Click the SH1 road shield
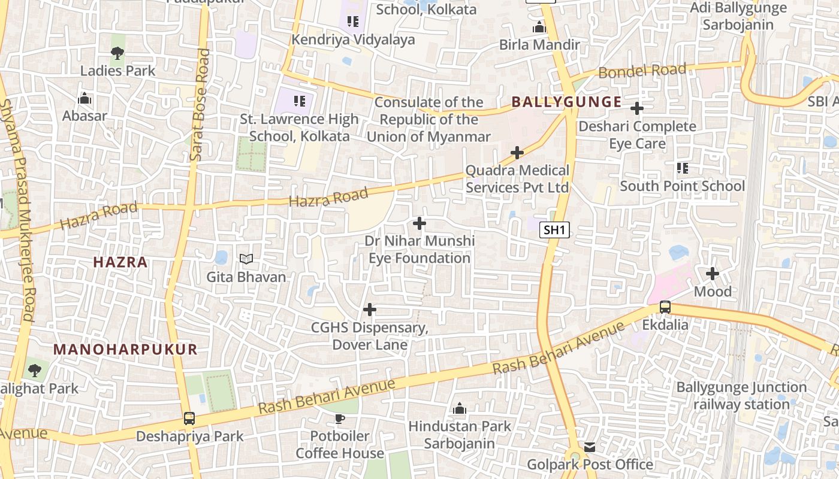tap(554, 230)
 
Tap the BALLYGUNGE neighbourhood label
tap(566, 102)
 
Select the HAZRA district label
tap(120, 262)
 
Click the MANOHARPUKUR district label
tap(125, 350)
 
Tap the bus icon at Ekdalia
tap(665, 308)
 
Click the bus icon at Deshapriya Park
tap(189, 419)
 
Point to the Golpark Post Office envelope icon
tap(590, 447)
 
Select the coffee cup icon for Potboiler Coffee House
tap(340, 419)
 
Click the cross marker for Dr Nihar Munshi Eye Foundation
tap(419, 223)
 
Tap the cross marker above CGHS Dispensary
tap(370, 310)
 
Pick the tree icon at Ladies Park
tap(117, 53)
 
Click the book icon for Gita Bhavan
tap(246, 259)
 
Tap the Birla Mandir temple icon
tap(539, 28)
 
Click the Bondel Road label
tap(642, 71)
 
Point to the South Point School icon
tap(682, 168)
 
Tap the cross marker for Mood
tap(713, 274)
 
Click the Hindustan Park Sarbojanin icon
tap(460, 409)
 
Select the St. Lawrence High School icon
tap(300, 101)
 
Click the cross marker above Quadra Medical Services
tap(517, 153)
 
